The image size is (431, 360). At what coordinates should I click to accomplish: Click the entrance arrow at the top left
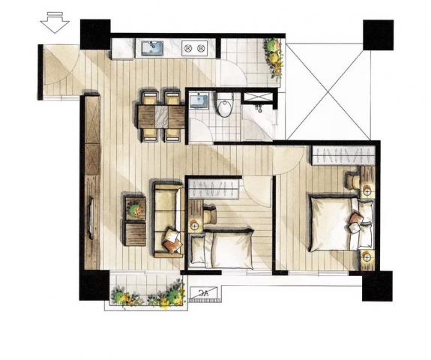[55, 22]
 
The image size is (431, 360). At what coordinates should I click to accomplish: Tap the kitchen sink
[152, 48]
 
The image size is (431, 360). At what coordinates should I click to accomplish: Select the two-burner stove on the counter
[195, 49]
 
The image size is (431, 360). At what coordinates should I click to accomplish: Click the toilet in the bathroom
[225, 104]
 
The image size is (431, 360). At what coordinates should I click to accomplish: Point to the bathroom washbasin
[199, 100]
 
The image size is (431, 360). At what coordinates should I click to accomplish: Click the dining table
[161, 116]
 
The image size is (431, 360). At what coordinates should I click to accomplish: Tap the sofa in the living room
[168, 219]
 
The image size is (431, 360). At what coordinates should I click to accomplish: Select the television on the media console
[91, 218]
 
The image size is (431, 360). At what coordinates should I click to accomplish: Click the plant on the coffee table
[135, 209]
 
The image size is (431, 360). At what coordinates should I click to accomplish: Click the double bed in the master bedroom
[341, 223]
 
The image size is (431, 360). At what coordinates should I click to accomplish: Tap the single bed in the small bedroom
[222, 247]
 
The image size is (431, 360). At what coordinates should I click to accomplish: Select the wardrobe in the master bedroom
[343, 155]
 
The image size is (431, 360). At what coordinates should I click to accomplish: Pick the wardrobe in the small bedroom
[214, 188]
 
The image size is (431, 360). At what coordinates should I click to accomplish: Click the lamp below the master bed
[367, 258]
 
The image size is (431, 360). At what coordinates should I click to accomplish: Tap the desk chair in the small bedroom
[211, 214]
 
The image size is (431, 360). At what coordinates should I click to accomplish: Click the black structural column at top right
[379, 35]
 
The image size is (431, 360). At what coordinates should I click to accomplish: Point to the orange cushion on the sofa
[172, 245]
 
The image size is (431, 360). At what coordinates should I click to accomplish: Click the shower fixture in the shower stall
[259, 108]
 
